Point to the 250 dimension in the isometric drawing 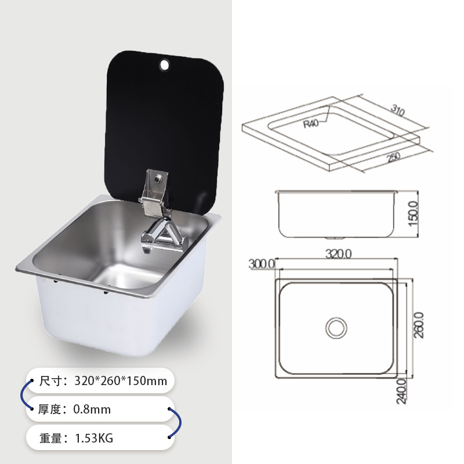click(394, 157)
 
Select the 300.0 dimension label click(261, 263)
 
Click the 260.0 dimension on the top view click(419, 325)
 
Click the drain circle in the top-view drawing click(336, 328)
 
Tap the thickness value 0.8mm click(92, 409)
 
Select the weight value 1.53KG click(93, 438)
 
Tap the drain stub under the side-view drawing click(336, 238)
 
